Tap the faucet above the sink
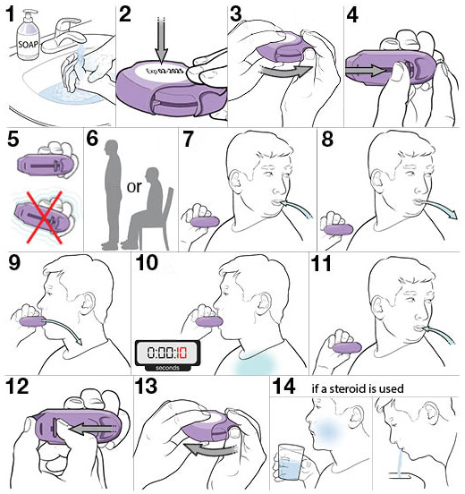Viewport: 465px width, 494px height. (x=63, y=35)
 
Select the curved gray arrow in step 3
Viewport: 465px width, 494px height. (x=285, y=71)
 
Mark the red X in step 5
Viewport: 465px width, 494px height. (x=45, y=217)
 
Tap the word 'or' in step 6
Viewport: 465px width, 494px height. (x=134, y=187)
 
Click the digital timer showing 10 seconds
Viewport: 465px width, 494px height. (x=167, y=355)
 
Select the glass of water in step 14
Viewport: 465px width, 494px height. (x=291, y=462)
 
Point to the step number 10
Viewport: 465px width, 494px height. (x=147, y=263)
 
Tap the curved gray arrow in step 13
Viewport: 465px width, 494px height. (x=209, y=449)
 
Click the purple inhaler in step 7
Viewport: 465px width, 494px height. (x=204, y=221)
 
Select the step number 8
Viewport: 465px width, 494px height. (x=327, y=139)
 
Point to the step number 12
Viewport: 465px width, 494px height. (x=18, y=387)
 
